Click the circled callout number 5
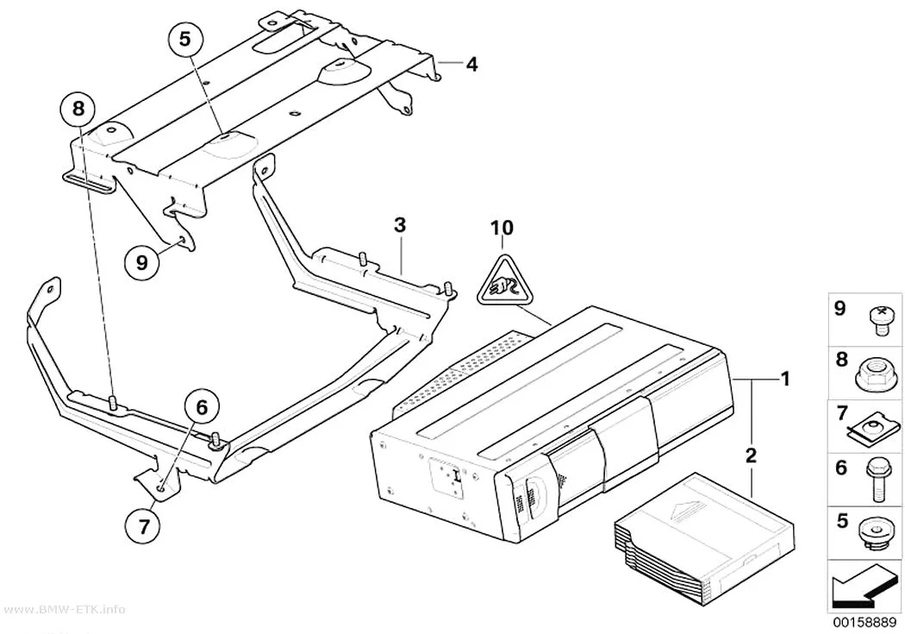pyautogui.click(x=184, y=39)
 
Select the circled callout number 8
pyautogui.click(x=79, y=108)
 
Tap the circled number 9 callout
pyautogui.click(x=142, y=263)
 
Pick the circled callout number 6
pyautogui.click(x=202, y=407)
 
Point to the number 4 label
pyautogui.click(x=471, y=64)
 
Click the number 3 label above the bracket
pyautogui.click(x=400, y=225)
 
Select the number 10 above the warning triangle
pyautogui.click(x=502, y=228)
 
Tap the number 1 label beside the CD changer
pyautogui.click(x=785, y=379)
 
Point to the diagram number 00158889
pyautogui.click(x=864, y=623)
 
